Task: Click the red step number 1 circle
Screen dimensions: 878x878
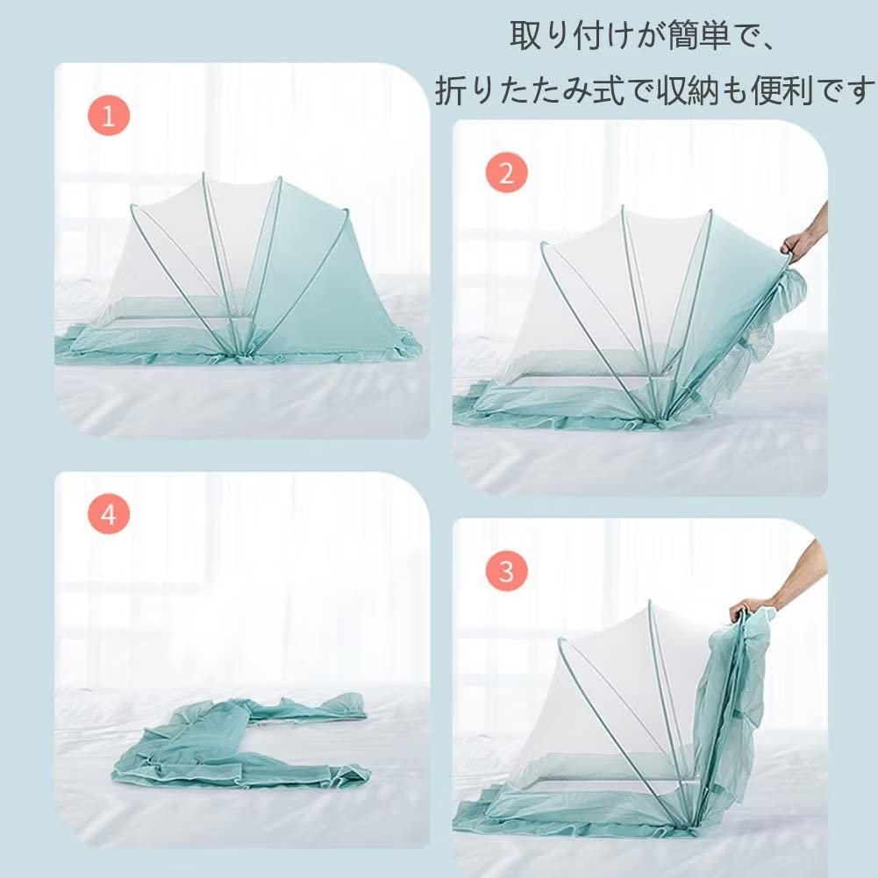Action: pyautogui.click(x=109, y=116)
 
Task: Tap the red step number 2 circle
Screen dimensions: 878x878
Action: pyautogui.click(x=507, y=173)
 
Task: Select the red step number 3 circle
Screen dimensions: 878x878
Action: pyautogui.click(x=507, y=571)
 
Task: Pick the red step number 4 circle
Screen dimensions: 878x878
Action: pyautogui.click(x=109, y=513)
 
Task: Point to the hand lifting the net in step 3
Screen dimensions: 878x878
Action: pyautogui.click(x=749, y=609)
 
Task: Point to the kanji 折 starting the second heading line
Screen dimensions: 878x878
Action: pyautogui.click(x=450, y=89)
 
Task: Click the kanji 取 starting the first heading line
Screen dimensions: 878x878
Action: pyautogui.click(x=525, y=35)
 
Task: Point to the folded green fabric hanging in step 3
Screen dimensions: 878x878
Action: pyautogui.click(x=728, y=711)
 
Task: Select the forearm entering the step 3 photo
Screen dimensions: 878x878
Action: pyautogui.click(x=801, y=571)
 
